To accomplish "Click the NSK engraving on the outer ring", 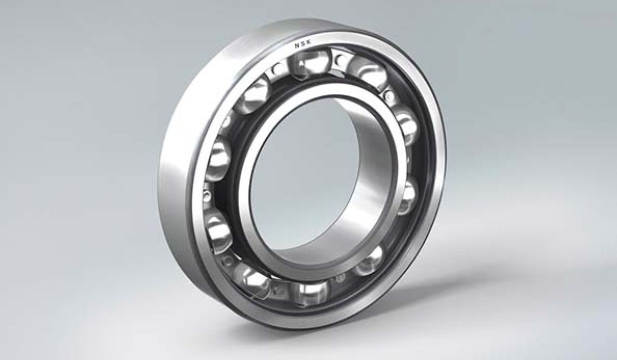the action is click(x=303, y=44).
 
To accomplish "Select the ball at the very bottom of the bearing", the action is click(x=311, y=293).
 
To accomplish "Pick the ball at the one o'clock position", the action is click(x=369, y=74).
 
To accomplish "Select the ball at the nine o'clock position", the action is click(x=218, y=160).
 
